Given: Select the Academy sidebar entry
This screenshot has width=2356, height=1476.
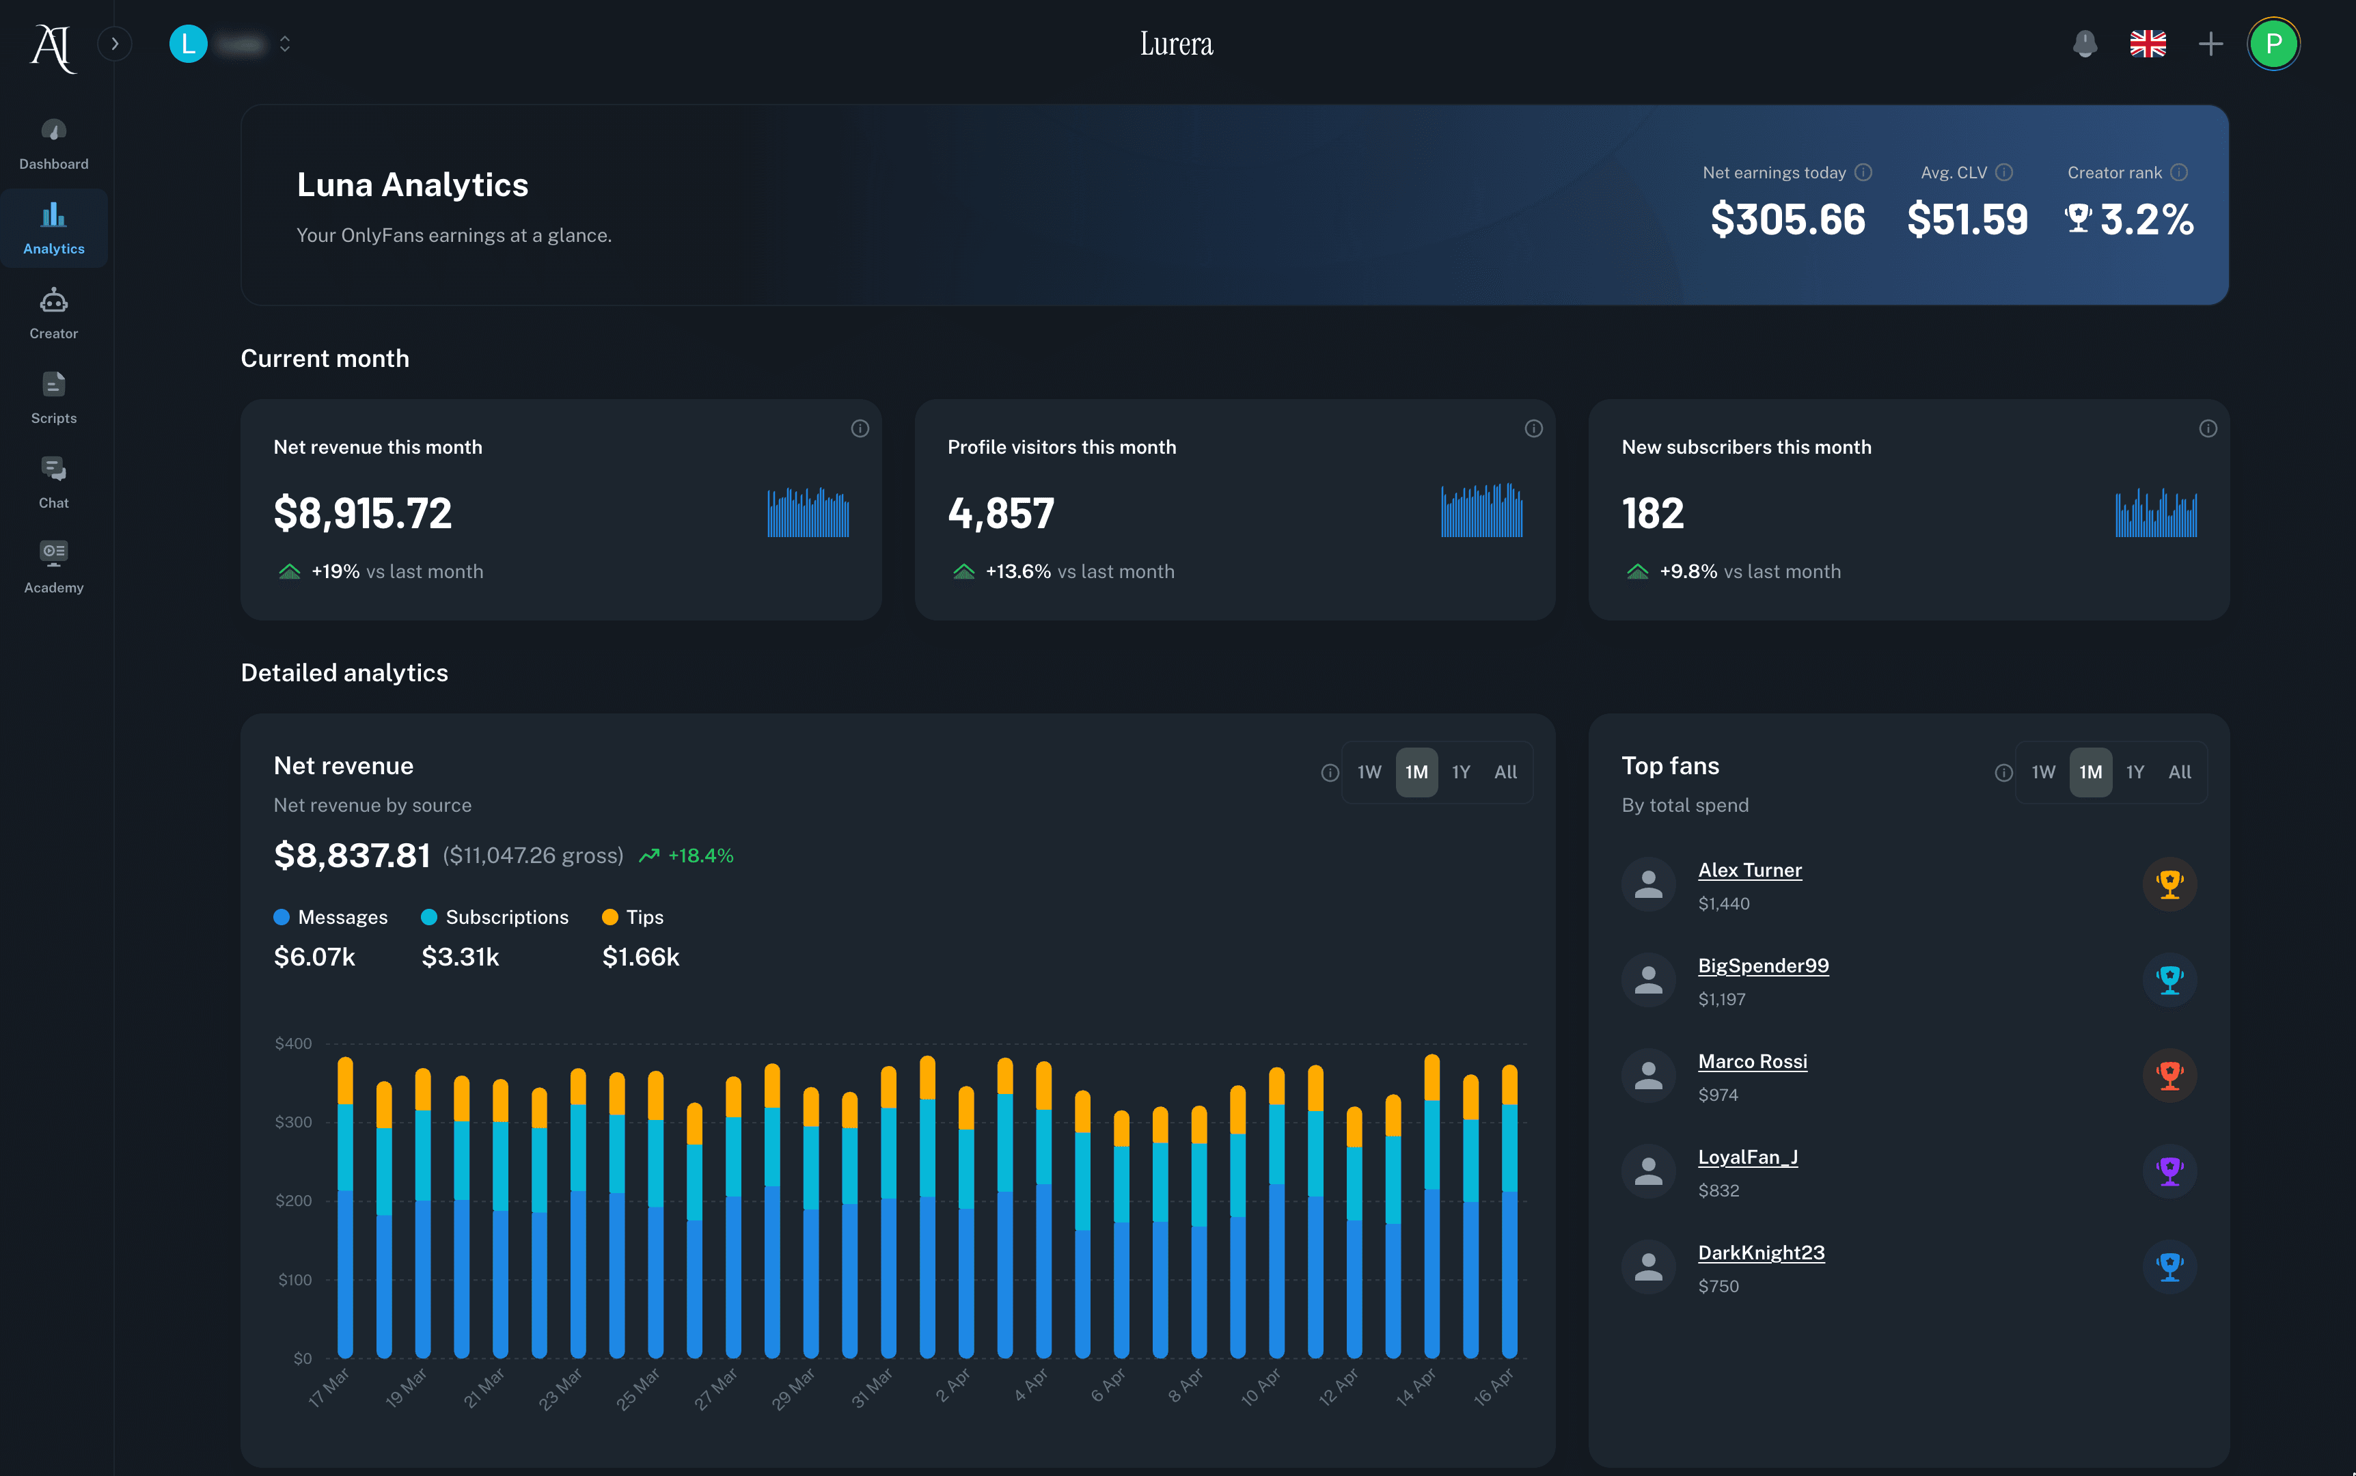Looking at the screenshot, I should click(x=54, y=567).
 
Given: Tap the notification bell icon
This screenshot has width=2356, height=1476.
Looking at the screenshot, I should click(x=2085, y=44).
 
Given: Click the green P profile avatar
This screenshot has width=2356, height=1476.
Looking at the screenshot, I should click(x=2273, y=44).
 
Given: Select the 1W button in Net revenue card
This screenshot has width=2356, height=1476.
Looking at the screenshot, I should click(x=1369, y=772).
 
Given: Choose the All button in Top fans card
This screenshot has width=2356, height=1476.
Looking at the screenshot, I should click(x=2178, y=772).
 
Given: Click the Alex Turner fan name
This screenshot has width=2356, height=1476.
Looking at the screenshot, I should click(x=1749, y=870).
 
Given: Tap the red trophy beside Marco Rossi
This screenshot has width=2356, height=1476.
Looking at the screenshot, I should click(x=2169, y=1075).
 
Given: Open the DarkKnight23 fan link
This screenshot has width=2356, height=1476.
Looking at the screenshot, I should click(x=1761, y=1253).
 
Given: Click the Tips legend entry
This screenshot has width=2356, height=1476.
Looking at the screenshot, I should click(x=633, y=916).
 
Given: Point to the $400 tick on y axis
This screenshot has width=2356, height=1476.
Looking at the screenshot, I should click(x=293, y=1043).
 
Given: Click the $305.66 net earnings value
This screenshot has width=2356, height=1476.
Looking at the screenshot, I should click(x=1787, y=219).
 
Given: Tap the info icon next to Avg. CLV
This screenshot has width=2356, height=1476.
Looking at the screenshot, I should click(x=2003, y=173).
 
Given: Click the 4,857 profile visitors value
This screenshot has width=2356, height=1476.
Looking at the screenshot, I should click(x=1000, y=513).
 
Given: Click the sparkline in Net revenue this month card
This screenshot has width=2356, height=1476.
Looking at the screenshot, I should click(x=808, y=512).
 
